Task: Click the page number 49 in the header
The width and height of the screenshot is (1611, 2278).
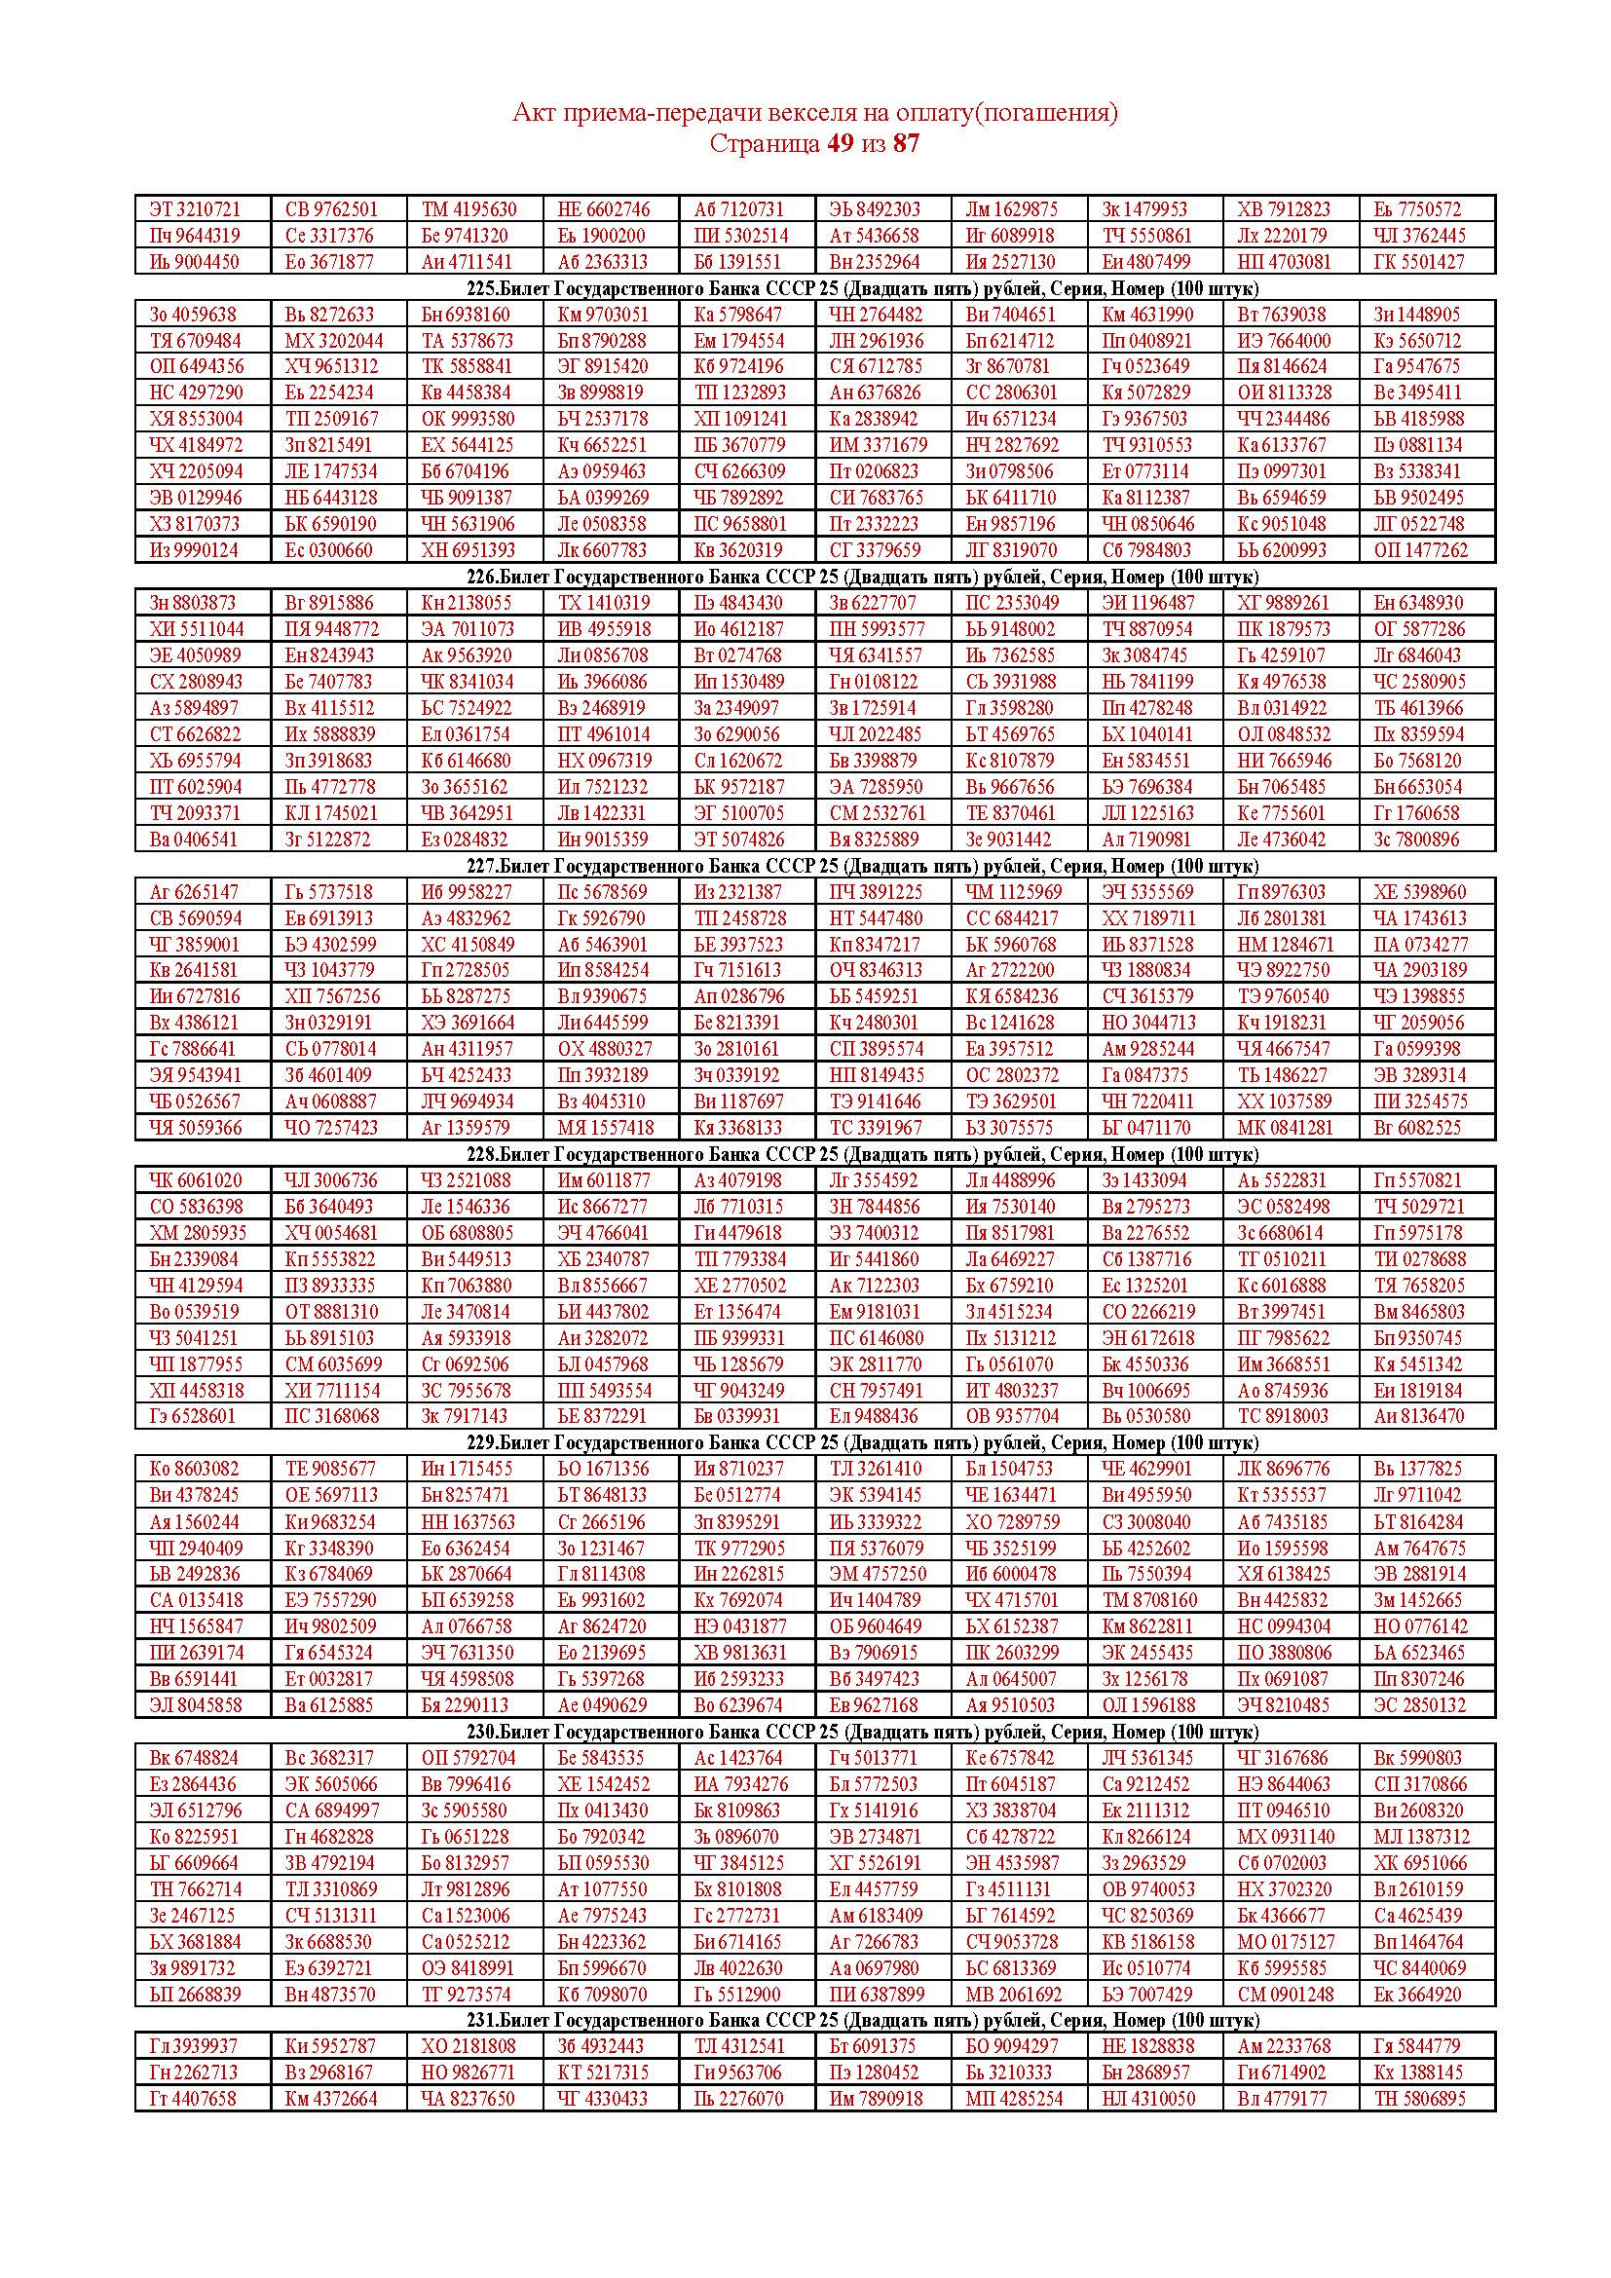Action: [x=840, y=144]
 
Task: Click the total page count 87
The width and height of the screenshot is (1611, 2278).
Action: [x=906, y=144]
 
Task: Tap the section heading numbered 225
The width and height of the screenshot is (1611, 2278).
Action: [x=862, y=288]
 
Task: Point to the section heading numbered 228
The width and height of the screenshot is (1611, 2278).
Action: [x=862, y=1155]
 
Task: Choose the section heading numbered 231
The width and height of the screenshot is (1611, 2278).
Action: [x=862, y=2020]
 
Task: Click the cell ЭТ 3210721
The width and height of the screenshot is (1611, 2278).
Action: [x=195, y=209]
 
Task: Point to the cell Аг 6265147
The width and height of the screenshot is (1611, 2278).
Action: [x=195, y=892]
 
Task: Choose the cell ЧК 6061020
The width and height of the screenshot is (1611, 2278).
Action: [x=196, y=1180]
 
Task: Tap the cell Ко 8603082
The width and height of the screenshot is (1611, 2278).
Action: [x=195, y=1470]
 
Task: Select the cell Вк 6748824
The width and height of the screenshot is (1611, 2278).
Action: [x=195, y=1758]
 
